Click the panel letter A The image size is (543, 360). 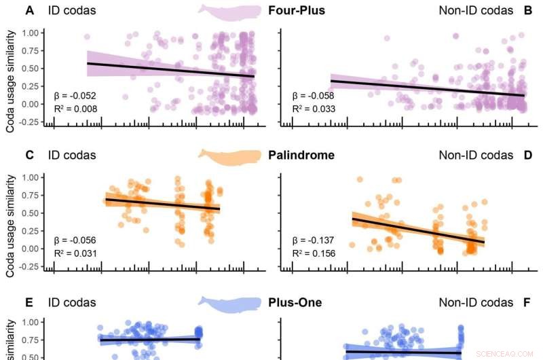[x=29, y=10]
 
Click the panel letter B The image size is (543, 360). [x=528, y=10]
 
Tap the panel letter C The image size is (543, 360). [x=29, y=155]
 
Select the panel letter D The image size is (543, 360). [x=528, y=155]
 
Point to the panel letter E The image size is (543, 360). [x=29, y=303]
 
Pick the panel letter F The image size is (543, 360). [x=528, y=303]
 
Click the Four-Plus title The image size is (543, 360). [x=296, y=10]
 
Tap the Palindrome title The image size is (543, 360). [x=301, y=155]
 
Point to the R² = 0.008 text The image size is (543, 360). [x=75, y=108]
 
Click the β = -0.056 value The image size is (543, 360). [x=75, y=240]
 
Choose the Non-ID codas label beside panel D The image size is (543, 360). [x=476, y=155]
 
